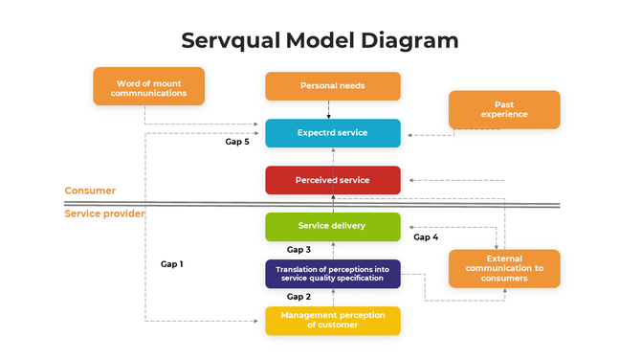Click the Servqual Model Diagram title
pos(320,40)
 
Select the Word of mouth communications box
pos(148,86)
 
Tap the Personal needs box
pos(332,86)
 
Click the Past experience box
pos(504,109)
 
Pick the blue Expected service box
pos(332,133)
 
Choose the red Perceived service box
pos(332,180)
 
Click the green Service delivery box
pos(332,226)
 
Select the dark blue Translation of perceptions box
pos(332,274)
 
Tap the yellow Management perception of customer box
pos(332,320)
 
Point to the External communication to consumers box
pos(504,269)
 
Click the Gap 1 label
pos(172,263)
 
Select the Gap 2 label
pos(299,297)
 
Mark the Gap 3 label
pos(299,250)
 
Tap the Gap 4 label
pos(426,236)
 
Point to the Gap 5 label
pos(237,142)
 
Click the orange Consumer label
pos(90,191)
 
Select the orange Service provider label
pos(104,214)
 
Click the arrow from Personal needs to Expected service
pos(329,109)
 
